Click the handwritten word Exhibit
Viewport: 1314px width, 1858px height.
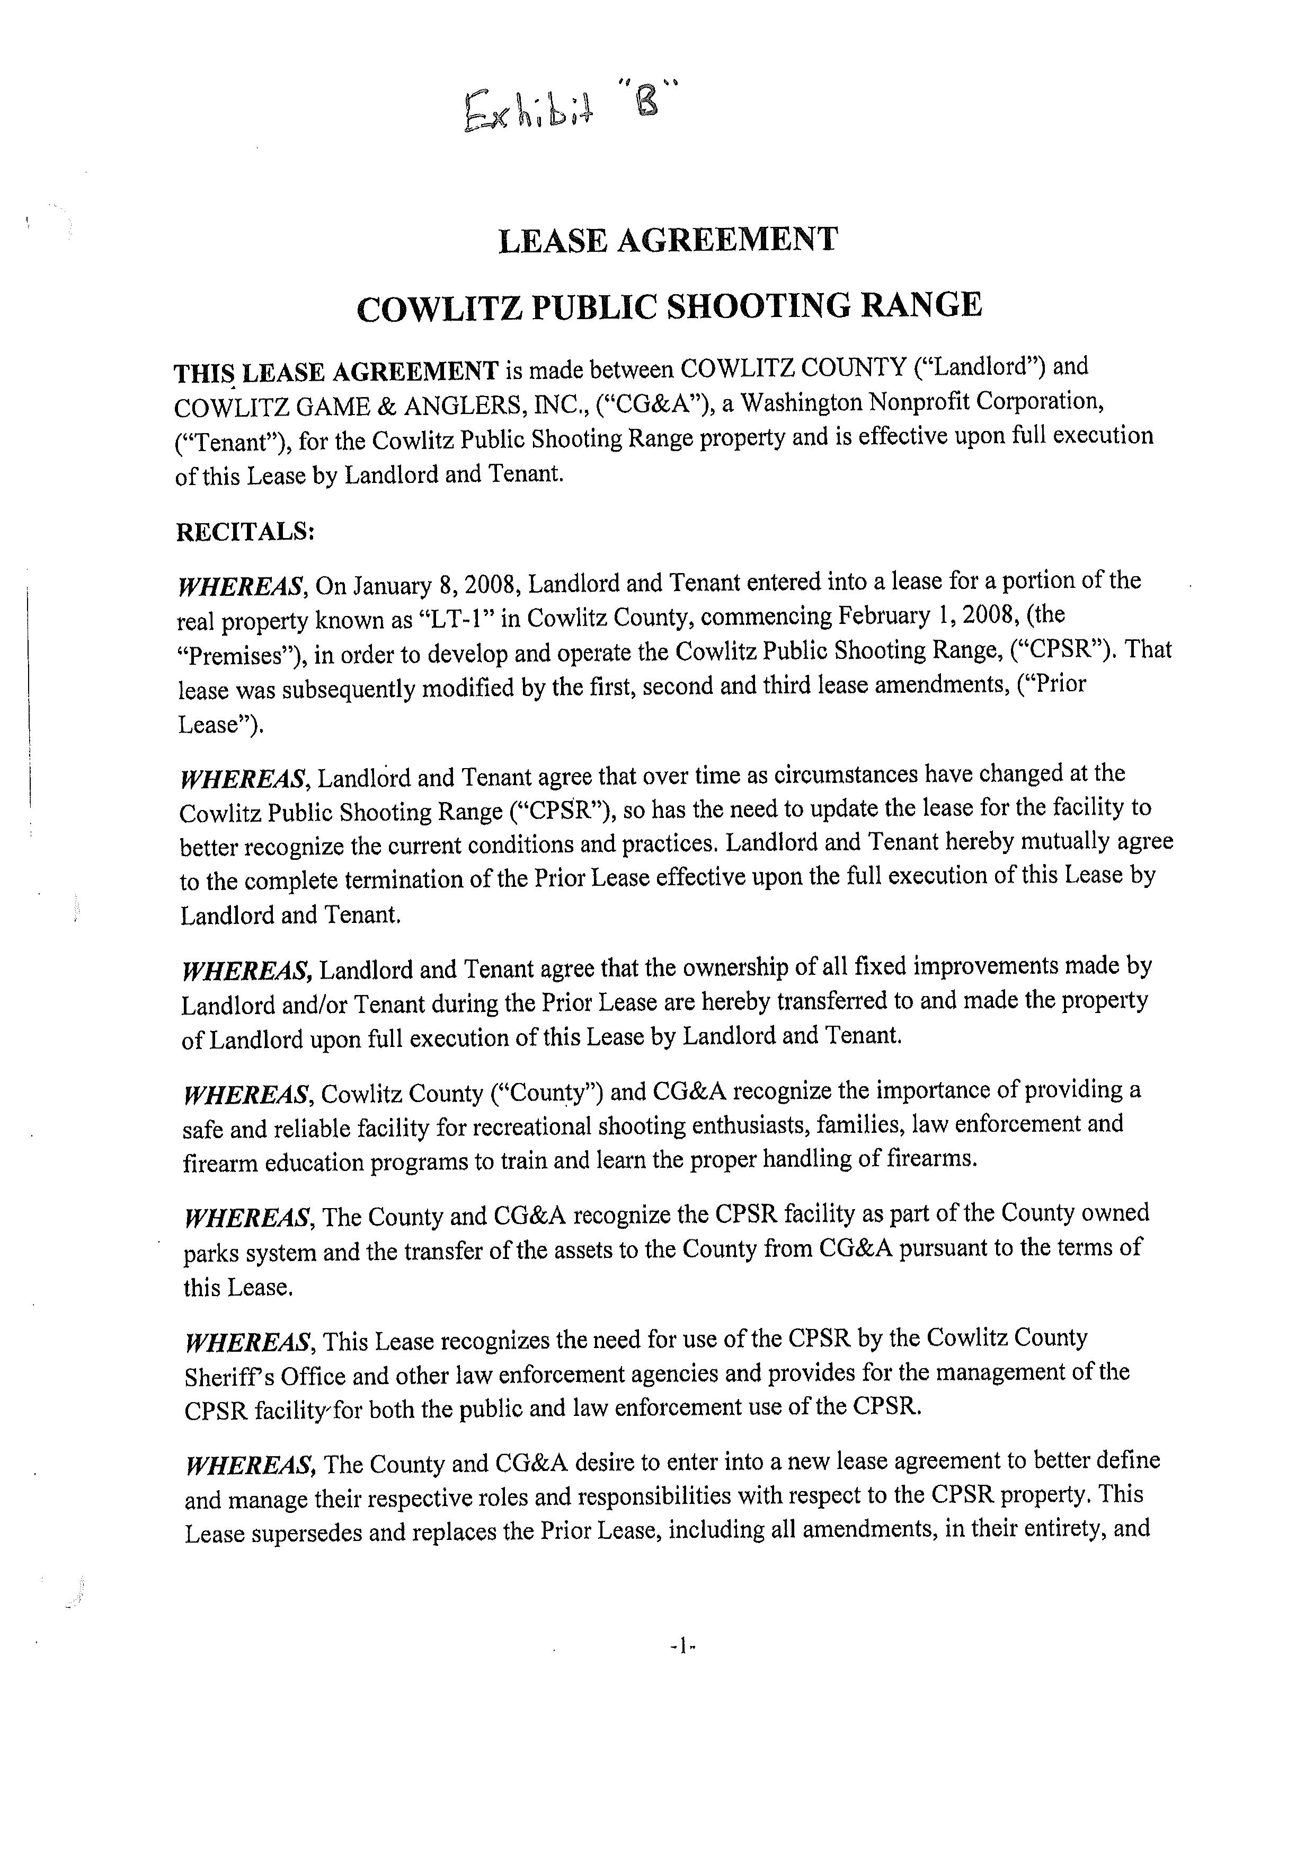click(528, 110)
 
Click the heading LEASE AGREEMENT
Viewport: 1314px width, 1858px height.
click(668, 241)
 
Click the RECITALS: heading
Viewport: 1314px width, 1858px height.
click(245, 532)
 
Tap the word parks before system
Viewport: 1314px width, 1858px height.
click(211, 1253)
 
